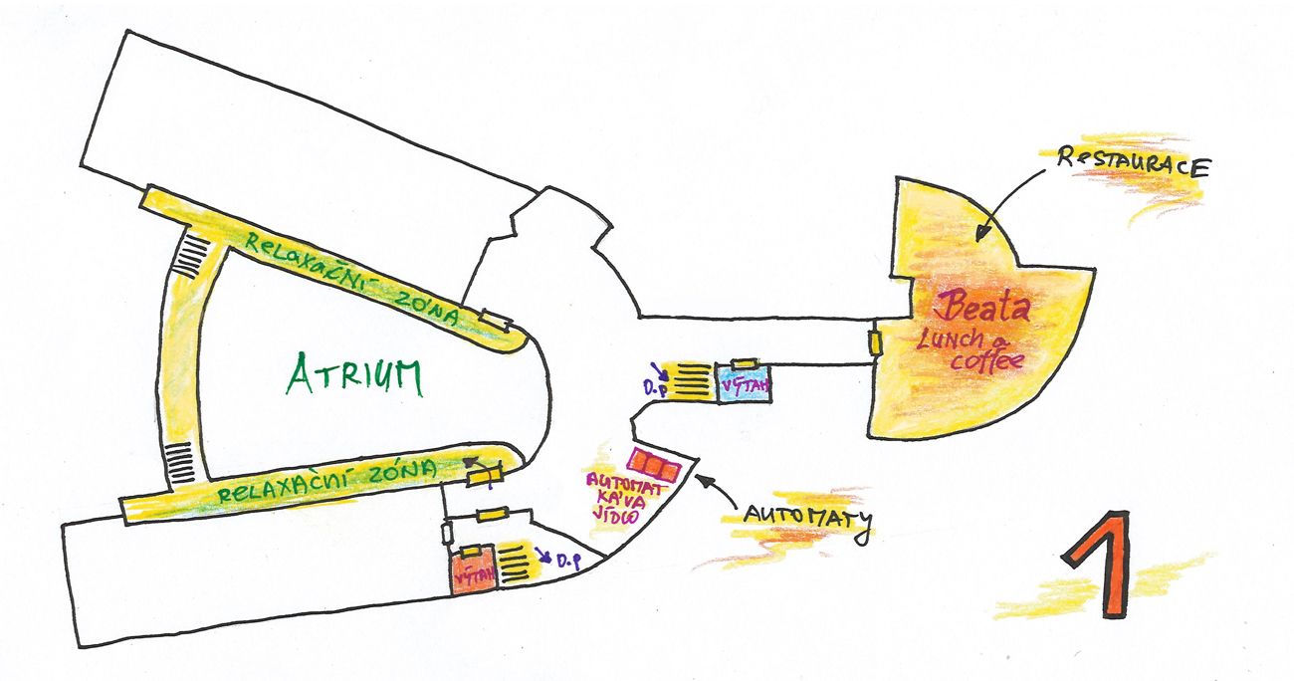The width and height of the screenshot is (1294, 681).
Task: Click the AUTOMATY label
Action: tap(805, 518)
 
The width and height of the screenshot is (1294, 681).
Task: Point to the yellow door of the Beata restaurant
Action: tap(875, 341)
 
